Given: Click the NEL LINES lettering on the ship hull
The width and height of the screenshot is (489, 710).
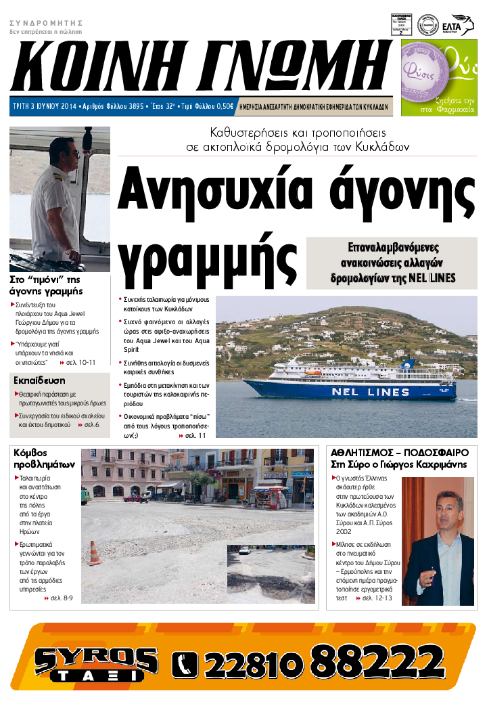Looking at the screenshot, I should pos(370,392).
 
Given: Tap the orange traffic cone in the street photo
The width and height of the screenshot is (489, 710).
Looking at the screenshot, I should pos(95,553).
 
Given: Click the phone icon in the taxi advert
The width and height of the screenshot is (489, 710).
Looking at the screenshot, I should pos(185,663).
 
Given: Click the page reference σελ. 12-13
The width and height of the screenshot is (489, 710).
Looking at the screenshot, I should pos(377,598).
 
